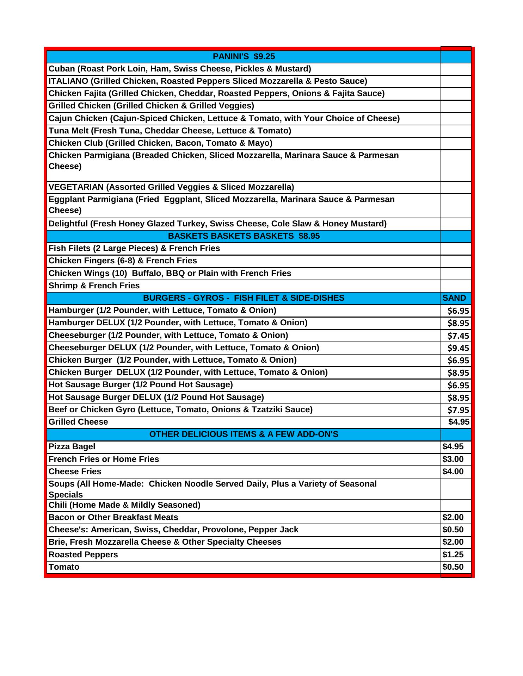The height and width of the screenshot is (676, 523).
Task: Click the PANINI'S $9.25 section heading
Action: click(x=244, y=57)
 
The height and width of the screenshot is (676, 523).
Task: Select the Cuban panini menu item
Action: click(x=179, y=69)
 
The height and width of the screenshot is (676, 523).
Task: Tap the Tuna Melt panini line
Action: click(x=170, y=131)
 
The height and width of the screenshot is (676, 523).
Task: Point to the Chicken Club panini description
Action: click(x=160, y=143)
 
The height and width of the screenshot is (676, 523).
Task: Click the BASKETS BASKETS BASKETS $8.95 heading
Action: click(x=244, y=236)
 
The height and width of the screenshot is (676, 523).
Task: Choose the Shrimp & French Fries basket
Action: click(x=94, y=286)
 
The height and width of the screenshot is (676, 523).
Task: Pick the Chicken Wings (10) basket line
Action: click(x=170, y=273)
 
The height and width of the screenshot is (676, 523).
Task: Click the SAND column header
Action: click(x=454, y=298)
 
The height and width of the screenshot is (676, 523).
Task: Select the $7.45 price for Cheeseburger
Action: click(x=458, y=336)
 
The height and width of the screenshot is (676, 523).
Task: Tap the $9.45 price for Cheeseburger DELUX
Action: click(x=458, y=348)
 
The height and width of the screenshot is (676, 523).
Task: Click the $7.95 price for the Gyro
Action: click(x=458, y=410)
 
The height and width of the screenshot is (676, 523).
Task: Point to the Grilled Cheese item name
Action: click(x=78, y=422)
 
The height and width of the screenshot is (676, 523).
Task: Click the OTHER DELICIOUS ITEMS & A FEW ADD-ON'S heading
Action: click(x=244, y=434)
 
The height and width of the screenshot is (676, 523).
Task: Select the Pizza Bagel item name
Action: click(x=72, y=446)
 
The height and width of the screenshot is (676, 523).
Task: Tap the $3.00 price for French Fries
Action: click(x=453, y=459)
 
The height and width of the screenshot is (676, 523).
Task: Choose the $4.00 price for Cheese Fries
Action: click(x=453, y=471)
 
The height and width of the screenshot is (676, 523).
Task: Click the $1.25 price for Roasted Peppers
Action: click(x=453, y=555)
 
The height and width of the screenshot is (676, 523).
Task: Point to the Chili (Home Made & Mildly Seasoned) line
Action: click(x=124, y=505)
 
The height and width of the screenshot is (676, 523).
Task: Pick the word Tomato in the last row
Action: click(x=64, y=567)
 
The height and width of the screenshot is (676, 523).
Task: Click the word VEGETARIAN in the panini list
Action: click(x=76, y=187)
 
